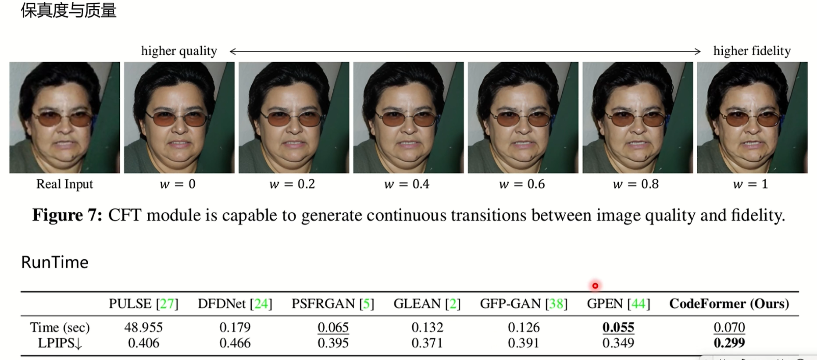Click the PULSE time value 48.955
tap(143, 327)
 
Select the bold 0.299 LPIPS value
tap(729, 342)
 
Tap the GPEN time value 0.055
tap(618, 327)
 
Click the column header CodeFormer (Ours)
tap(729, 303)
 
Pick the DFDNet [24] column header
tap(235, 303)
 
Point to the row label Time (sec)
tap(60, 327)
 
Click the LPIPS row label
tap(60, 343)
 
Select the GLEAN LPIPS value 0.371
tap(427, 342)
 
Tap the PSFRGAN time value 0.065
tap(333, 327)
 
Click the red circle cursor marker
tap(595, 286)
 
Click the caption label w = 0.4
tap(407, 184)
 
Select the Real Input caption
tap(64, 184)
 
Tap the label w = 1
tap(750, 184)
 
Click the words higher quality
tap(179, 51)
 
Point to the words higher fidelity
tap(752, 51)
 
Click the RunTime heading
tap(55, 262)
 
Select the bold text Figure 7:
tap(67, 215)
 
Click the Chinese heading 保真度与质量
tap(68, 11)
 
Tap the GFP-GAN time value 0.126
tap(524, 327)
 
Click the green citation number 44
tap(638, 303)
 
